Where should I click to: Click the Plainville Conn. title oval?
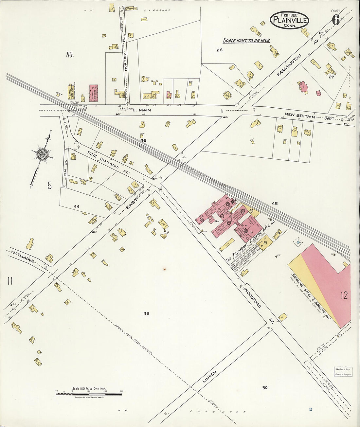click(x=289, y=20)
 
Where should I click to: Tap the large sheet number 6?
click(x=335, y=20)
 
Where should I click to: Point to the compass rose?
click(x=42, y=154)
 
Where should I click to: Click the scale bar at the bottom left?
click(x=89, y=394)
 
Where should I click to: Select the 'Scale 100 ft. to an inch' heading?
click(x=246, y=41)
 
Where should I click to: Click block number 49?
click(x=146, y=313)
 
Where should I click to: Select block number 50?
click(x=265, y=388)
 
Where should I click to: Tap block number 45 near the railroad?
click(x=274, y=204)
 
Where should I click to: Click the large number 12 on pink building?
click(x=344, y=296)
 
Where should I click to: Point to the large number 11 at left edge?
click(x=10, y=281)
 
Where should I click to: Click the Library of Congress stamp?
click(x=343, y=371)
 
